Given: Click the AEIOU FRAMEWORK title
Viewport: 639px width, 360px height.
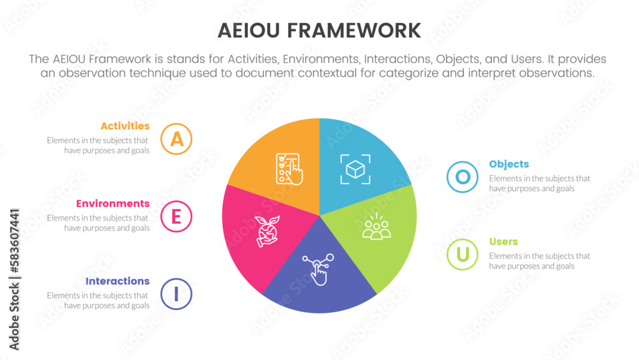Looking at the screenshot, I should pos(319,30).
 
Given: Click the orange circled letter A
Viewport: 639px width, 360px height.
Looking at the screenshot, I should pos(176,139).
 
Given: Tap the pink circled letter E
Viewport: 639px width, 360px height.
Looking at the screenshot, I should pos(176,216).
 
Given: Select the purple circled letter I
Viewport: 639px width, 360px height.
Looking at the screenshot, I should pos(176,293).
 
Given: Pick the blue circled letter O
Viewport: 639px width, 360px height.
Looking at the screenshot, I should pos(463,177).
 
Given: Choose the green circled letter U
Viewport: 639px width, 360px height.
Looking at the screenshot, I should pos(463,254).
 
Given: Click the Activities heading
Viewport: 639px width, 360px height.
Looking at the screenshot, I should pos(125,126).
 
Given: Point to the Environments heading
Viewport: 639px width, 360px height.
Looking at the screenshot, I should pos(112,203).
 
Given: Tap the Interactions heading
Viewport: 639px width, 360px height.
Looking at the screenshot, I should pos(117,281).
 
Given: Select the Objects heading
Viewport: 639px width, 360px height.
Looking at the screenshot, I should pos(509,164).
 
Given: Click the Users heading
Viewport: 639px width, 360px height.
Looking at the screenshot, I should pos(504,242).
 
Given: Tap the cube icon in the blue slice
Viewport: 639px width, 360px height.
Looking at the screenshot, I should pos(354,169).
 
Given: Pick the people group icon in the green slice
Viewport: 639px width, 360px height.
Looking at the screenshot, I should pos(376,228).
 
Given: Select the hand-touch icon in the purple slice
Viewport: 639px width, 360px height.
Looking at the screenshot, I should pos(318,269).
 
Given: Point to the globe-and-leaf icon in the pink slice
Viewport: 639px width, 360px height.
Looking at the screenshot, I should pos(265,230).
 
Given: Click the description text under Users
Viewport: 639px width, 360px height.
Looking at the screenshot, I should pos(539,261).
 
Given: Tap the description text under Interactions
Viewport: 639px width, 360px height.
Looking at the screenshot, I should pos(98,301).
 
